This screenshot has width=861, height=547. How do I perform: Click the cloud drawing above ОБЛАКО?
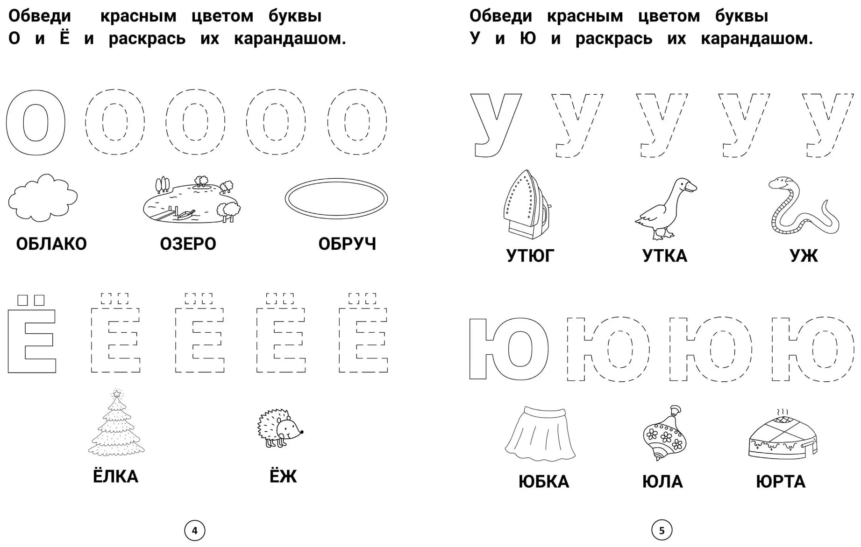(43, 197)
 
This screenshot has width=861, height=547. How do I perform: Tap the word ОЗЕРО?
(188, 244)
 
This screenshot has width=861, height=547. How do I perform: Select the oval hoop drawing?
(336, 199)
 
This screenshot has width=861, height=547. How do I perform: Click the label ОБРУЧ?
(347, 244)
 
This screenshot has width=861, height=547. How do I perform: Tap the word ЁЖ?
(283, 476)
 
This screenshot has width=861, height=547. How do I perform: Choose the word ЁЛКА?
(115, 476)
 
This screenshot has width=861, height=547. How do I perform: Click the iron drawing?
(525, 204)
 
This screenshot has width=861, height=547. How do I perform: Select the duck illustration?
(666, 208)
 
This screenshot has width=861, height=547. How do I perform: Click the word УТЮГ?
(530, 256)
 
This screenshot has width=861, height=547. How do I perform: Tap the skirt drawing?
(541, 433)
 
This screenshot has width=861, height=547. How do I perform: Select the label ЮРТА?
(780, 482)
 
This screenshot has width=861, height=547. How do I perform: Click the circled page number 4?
(195, 531)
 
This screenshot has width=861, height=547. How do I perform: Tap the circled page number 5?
(662, 531)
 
